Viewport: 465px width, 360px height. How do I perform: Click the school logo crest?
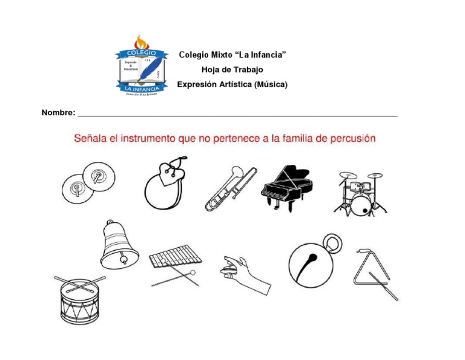tap(140, 66)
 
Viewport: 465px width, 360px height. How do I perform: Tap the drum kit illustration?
tap(360, 192)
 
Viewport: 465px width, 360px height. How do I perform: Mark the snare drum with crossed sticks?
tap(79, 299)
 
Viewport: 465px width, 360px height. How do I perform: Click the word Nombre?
tap(58, 113)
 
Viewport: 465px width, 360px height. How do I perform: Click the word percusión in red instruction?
tap(353, 138)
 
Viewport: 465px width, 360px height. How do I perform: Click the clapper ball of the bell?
tap(124, 261)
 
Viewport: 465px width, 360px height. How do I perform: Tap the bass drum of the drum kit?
tap(361, 205)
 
